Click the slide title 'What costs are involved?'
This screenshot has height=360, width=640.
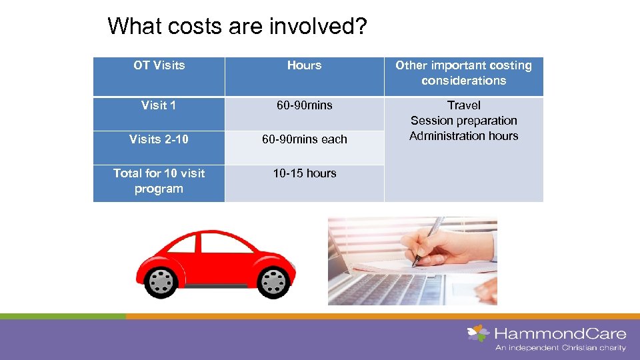[x=237, y=26]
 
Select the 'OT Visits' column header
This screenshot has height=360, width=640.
[x=159, y=65]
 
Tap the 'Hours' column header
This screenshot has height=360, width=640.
[x=304, y=65]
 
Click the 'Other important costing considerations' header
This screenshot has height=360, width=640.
[x=463, y=73]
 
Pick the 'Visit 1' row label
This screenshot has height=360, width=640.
[x=159, y=105]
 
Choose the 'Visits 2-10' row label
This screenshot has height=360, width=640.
[x=159, y=139]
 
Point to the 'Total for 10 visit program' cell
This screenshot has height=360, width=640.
[x=159, y=181]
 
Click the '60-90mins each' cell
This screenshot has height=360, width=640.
[x=304, y=139]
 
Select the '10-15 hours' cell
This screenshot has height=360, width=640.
[x=304, y=173]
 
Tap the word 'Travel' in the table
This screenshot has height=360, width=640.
[x=463, y=105]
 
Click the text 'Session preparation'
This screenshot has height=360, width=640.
[x=463, y=121]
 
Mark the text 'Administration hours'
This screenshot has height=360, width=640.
[x=463, y=136]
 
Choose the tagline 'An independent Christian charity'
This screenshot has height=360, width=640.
[x=560, y=347]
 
